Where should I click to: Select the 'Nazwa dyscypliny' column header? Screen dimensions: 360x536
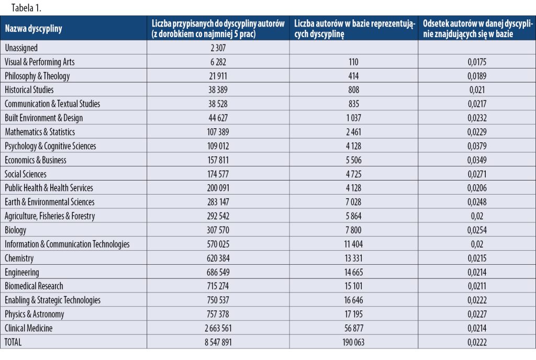point(33,29)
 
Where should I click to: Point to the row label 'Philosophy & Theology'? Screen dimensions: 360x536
point(37,76)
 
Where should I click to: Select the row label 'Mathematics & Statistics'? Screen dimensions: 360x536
point(40,132)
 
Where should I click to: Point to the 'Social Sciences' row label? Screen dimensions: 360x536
point(26,174)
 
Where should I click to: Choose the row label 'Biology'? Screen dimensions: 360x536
point(16,230)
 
